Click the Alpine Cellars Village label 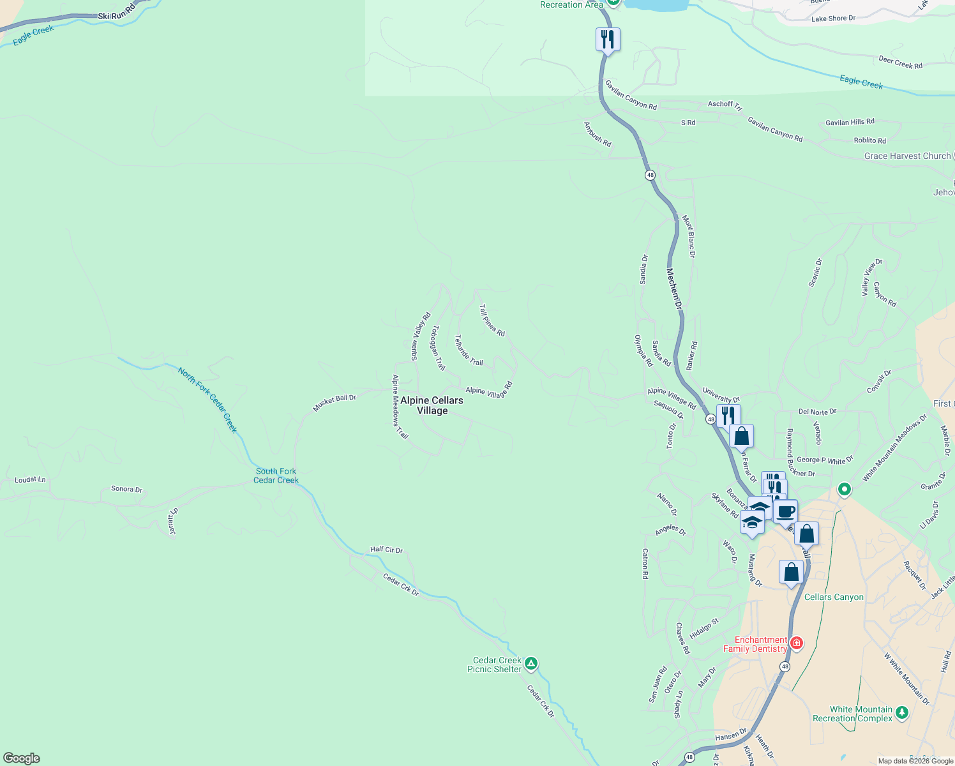tap(432, 405)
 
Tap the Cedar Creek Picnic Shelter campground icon tap(531, 664)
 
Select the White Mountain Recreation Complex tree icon tap(901, 712)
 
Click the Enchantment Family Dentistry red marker tap(796, 643)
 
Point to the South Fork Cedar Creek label tap(276, 476)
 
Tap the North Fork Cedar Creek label tap(208, 400)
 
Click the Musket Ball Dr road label tap(334, 402)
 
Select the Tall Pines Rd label tap(492, 320)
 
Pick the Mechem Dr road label tap(674, 289)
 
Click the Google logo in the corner tap(22, 758)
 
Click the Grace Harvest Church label tap(907, 156)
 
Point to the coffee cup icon tap(786, 511)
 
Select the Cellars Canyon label tap(834, 597)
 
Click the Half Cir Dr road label tap(386, 550)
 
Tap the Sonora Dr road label tap(126, 489)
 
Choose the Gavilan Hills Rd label tap(850, 122)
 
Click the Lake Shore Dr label tap(833, 19)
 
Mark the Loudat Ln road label tap(30, 479)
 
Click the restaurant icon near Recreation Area tap(608, 40)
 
